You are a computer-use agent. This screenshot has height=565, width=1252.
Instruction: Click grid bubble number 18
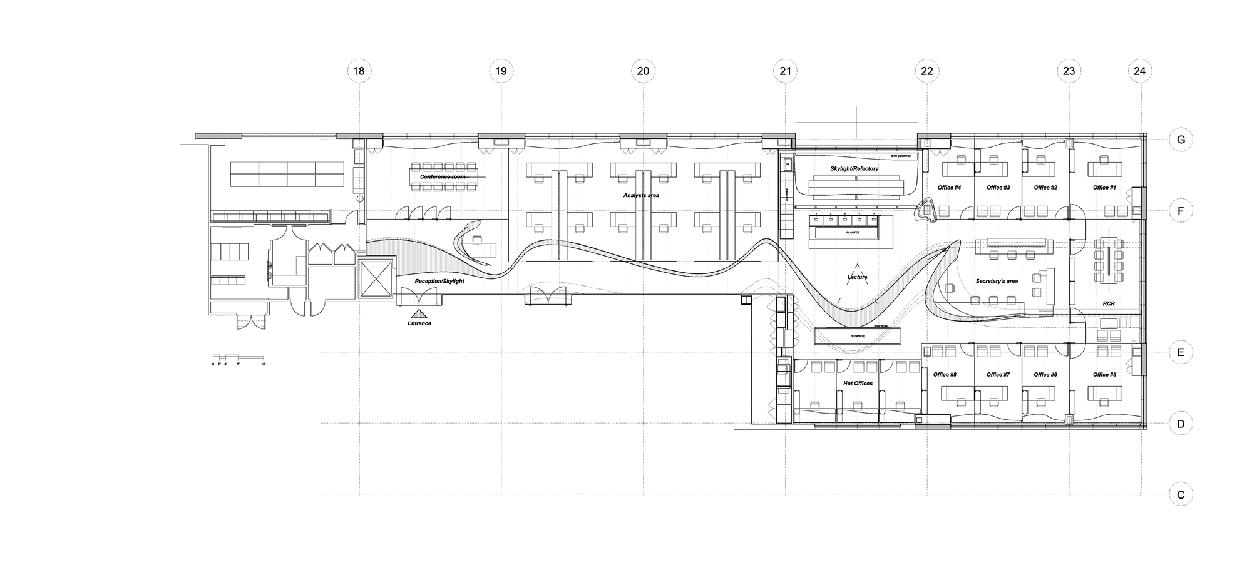click(x=359, y=71)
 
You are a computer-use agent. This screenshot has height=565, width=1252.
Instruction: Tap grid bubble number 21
click(x=785, y=71)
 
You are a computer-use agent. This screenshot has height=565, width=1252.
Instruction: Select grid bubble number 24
click(x=1139, y=71)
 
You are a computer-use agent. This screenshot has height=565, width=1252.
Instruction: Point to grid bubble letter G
click(x=1181, y=140)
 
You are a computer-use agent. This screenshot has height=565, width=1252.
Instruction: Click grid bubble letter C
click(x=1181, y=495)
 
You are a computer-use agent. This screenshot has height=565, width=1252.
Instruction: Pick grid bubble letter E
click(x=1181, y=352)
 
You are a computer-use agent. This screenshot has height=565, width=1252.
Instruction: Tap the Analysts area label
click(x=641, y=195)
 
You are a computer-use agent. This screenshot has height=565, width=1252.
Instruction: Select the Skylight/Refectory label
click(x=854, y=169)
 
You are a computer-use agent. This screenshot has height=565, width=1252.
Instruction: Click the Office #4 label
click(x=949, y=187)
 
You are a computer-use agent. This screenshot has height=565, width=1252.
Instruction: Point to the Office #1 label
click(x=1104, y=187)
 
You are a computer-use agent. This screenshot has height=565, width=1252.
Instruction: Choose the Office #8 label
click(x=945, y=375)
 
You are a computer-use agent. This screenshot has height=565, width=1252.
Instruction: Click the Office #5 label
click(x=1104, y=375)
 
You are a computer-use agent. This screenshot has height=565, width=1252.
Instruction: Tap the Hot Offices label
click(x=858, y=383)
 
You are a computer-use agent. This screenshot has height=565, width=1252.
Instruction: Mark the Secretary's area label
click(x=997, y=282)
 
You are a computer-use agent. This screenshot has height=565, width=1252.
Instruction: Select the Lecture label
click(x=857, y=277)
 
